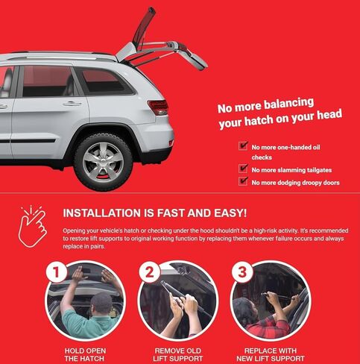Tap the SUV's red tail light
(x=158, y=107)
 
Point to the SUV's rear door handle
(x=72, y=103)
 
